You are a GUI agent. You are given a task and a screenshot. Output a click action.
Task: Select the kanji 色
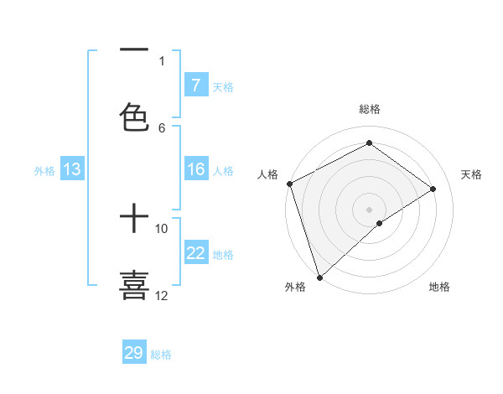pos(134,116)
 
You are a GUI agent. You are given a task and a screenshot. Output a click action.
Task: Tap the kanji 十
pos(134,220)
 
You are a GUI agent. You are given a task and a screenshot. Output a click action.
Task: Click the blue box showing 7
pos(195,86)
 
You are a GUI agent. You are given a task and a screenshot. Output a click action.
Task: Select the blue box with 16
pos(195,169)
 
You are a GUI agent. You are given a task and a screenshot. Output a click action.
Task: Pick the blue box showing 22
pos(195,253)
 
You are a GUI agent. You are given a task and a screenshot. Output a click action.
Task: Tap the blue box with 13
pos(72,169)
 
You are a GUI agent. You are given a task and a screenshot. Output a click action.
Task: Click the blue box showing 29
pos(134,353)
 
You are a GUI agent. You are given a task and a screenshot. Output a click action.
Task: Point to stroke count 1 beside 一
pos(162,60)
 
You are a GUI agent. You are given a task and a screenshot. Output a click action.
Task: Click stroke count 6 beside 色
pos(162,127)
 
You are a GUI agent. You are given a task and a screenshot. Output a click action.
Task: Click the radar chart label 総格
pos(369,109)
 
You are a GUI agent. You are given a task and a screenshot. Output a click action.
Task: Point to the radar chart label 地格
pos(439,287)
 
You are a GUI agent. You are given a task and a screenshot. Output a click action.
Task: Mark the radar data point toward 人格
pos(289,184)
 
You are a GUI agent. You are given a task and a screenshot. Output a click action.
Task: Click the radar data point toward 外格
pos(319,277)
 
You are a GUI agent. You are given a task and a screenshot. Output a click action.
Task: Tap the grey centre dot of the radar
pos(369,209)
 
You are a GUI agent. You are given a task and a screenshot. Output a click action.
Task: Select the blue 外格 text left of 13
pos(44,170)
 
